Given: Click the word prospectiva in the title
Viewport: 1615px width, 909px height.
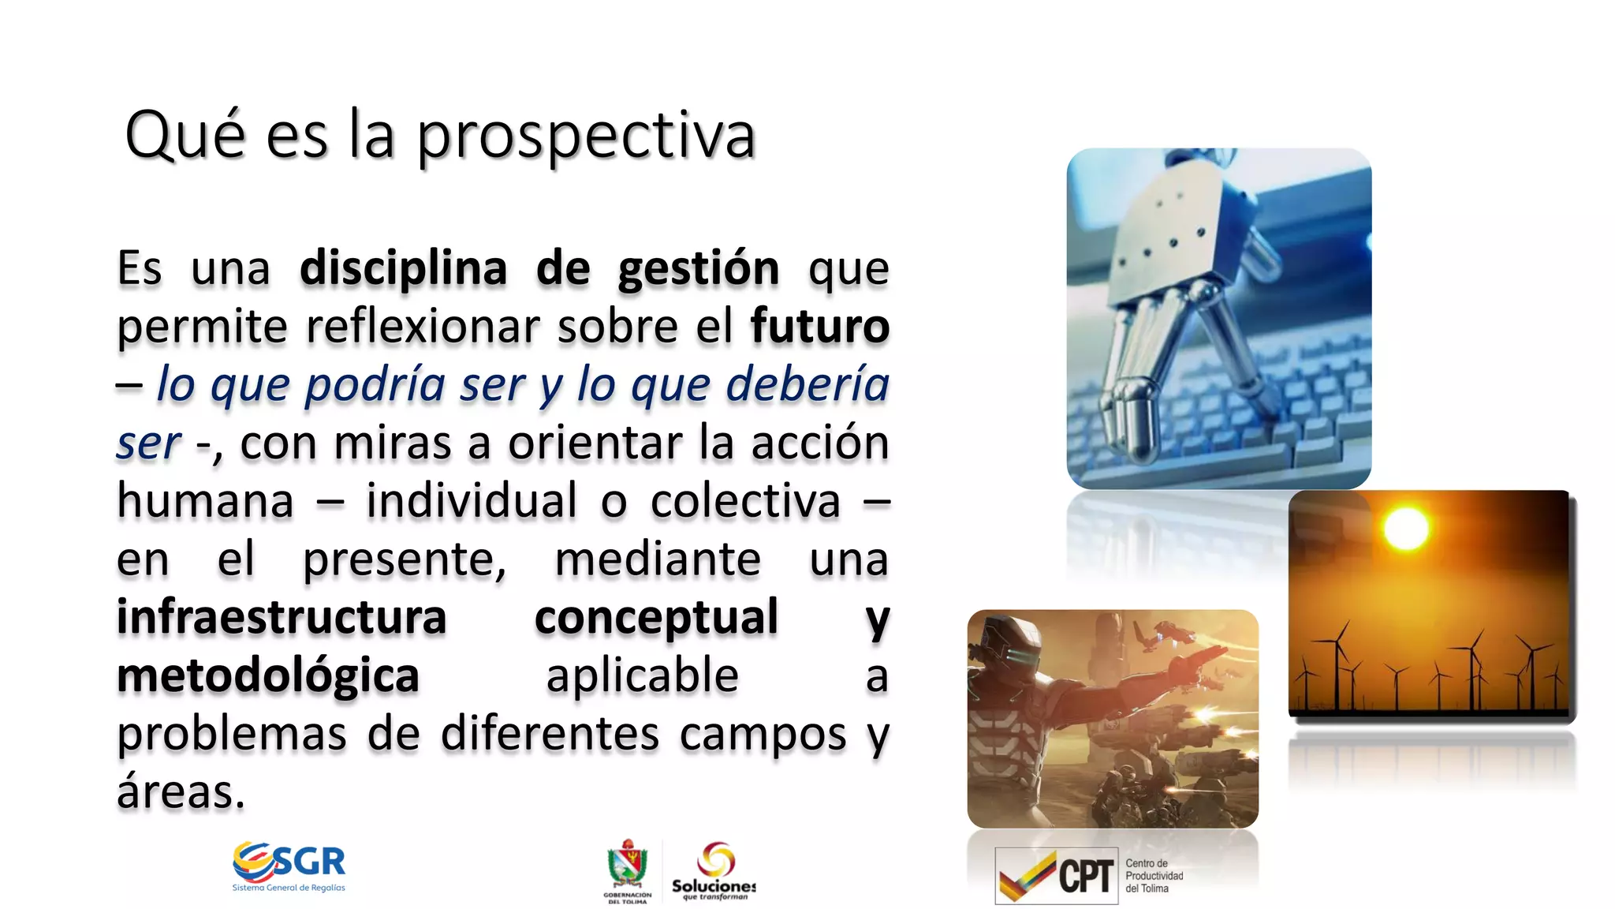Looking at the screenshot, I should tap(586, 136).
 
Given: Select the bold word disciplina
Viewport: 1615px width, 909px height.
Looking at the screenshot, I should tap(403, 268).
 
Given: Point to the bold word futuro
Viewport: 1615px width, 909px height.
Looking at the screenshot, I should tap(819, 326).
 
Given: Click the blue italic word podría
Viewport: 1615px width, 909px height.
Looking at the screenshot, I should tap(375, 385).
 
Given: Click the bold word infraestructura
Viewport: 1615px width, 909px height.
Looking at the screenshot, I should tap(282, 617).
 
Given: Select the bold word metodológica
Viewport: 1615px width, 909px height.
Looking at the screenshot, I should tap(267, 676).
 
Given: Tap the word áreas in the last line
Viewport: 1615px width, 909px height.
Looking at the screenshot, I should tap(181, 791).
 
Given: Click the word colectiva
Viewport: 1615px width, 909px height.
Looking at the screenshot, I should tap(745, 501).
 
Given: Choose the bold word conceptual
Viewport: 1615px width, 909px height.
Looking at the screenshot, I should tap(656, 617).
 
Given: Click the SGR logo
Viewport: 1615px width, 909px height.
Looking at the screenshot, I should tap(289, 866).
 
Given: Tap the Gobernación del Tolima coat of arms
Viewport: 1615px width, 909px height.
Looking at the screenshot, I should tap(628, 865).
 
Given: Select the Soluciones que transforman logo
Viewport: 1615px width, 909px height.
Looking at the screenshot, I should tap(714, 870).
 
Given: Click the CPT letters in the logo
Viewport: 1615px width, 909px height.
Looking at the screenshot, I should tap(1086, 877).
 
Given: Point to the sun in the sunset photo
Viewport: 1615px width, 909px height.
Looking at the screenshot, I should tap(1406, 528).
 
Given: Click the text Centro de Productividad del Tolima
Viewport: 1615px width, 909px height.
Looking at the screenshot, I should tap(1154, 876).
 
